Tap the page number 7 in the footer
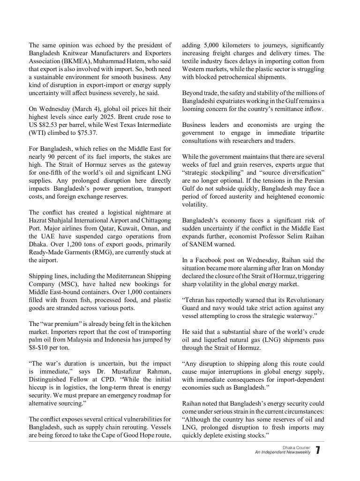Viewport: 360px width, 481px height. [318, 450]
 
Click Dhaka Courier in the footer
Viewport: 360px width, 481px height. [296, 448]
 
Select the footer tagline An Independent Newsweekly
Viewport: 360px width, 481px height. [282, 452]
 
